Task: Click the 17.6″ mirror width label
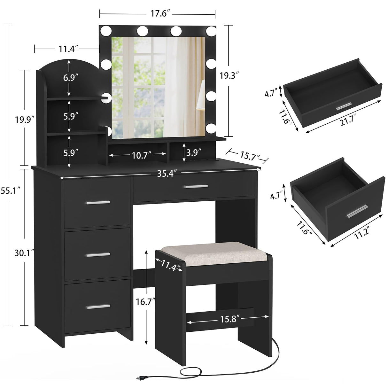pos(157,13)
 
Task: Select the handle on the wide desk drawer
pos(194,187)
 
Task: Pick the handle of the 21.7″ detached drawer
pos(344,106)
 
